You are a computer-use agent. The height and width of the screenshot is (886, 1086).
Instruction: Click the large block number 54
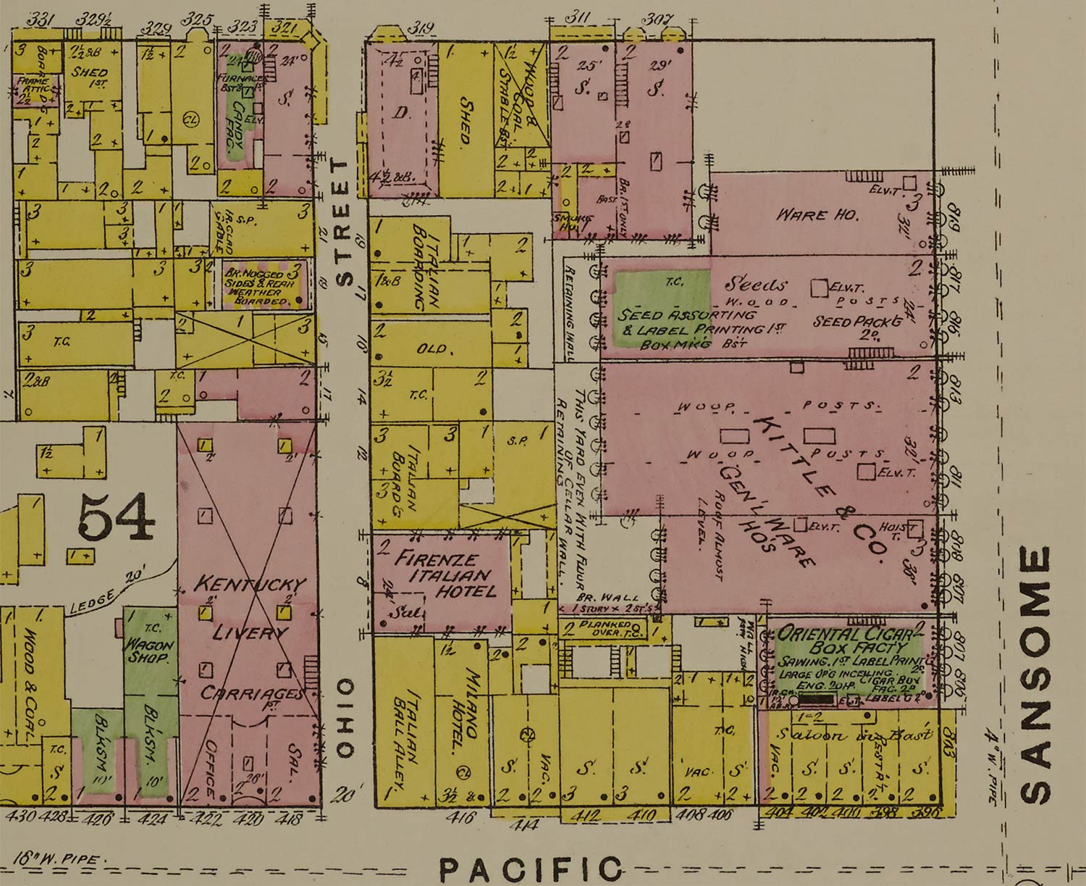tap(116, 517)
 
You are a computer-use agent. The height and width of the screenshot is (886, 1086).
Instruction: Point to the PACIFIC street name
tap(531, 869)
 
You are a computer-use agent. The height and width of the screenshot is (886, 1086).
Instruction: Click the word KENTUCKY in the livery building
tap(250, 583)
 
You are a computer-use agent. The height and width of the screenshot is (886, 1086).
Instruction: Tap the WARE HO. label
tap(817, 214)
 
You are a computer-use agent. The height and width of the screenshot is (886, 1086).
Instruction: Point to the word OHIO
tap(345, 718)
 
